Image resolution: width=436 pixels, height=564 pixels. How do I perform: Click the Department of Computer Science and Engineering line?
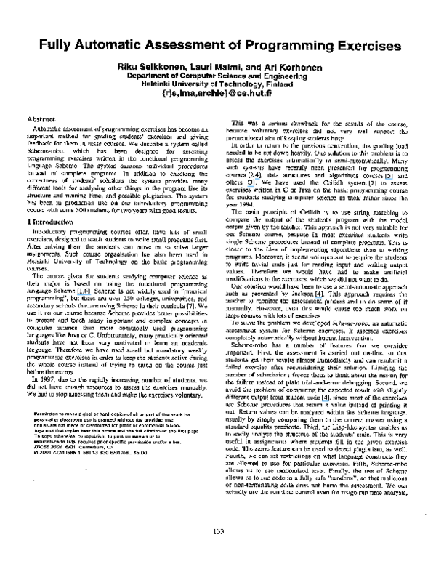(218, 75)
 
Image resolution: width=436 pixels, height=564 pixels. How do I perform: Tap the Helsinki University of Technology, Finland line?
(218, 83)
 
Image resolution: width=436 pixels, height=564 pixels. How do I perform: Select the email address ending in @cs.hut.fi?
(218, 92)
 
